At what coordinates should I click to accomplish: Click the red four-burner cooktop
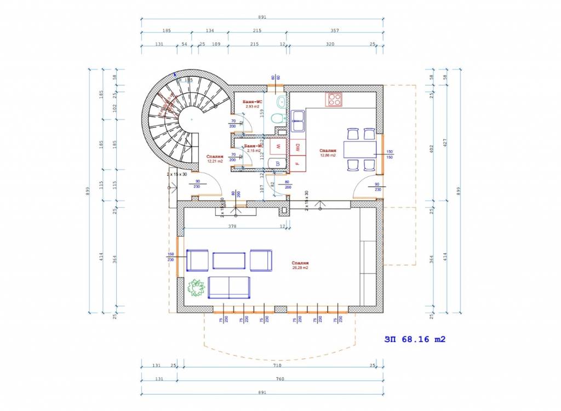[334, 99]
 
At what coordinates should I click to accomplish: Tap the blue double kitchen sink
[298, 121]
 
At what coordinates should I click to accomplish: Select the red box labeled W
[278, 146]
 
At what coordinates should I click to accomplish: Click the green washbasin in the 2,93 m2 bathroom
[281, 101]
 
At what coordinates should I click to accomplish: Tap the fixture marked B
[278, 163]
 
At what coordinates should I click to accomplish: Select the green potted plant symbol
[196, 287]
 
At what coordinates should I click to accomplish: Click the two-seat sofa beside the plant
[230, 287]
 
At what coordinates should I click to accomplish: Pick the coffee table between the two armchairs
[229, 260]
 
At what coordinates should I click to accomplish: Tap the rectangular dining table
[360, 149]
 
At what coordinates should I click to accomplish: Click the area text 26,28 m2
[301, 268]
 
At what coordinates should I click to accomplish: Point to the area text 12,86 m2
[328, 155]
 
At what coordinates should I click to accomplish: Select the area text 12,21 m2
[214, 162]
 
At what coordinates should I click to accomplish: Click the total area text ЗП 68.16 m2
[415, 339]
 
